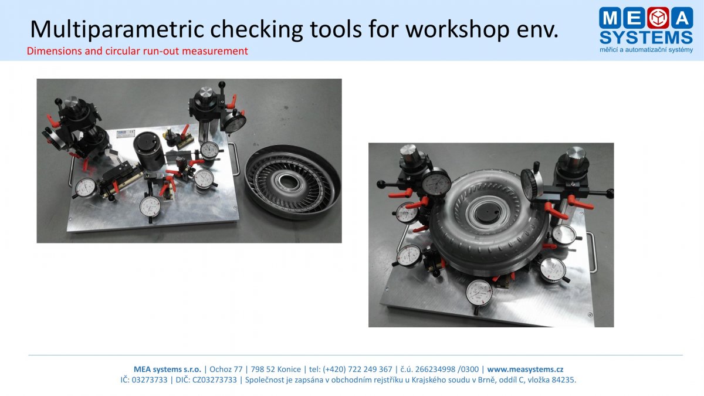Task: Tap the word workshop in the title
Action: pos(457,29)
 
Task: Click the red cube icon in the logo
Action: pos(658,18)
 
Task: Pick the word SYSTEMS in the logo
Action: pos(646,38)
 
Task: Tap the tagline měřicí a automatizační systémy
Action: pos(646,50)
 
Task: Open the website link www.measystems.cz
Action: pos(525,369)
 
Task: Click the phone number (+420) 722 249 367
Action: pos(357,369)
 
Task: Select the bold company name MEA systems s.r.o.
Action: pos(168,369)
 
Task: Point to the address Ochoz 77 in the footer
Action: pos(226,369)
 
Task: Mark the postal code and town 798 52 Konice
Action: pos(276,369)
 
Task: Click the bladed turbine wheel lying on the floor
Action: pos(292,182)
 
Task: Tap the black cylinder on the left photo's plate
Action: pos(149,151)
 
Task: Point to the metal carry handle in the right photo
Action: pos(592,252)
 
